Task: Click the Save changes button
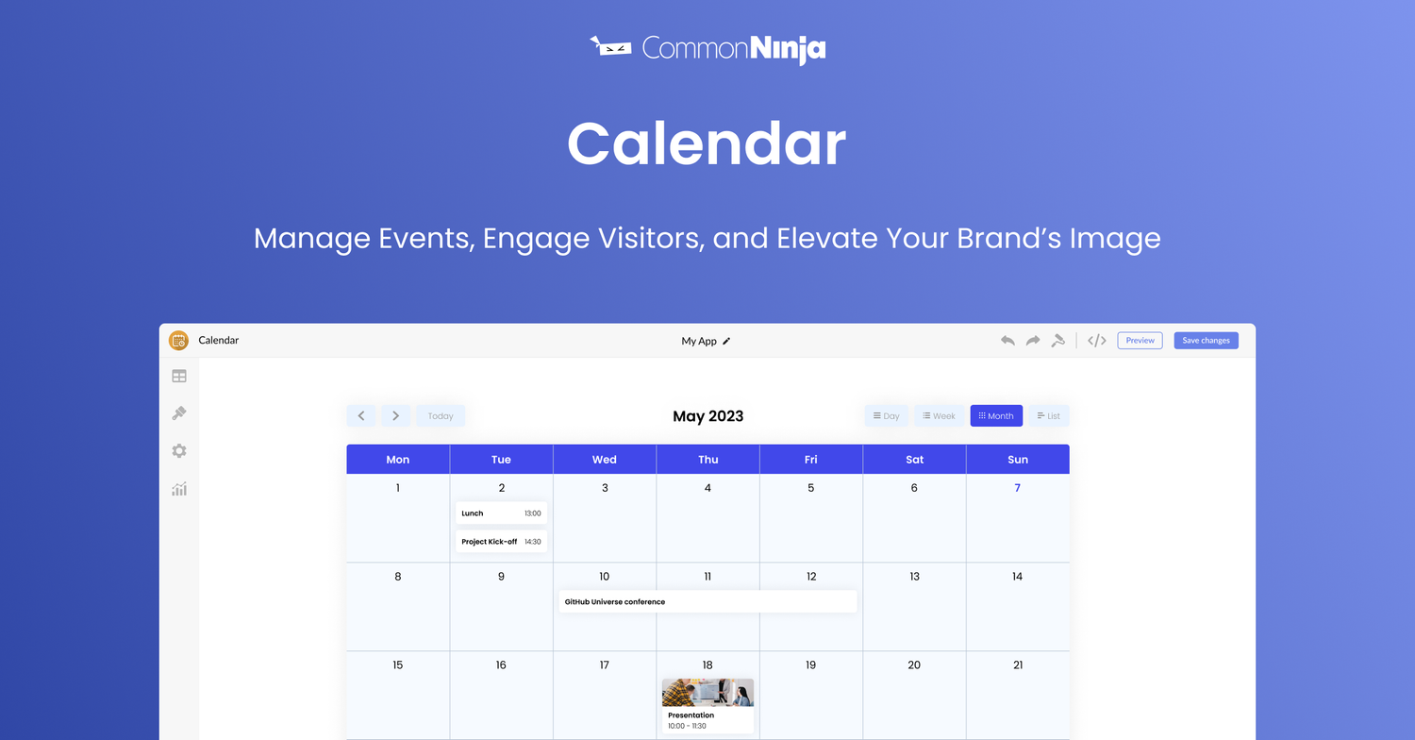(x=1206, y=341)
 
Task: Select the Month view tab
(x=996, y=416)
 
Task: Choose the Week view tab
(x=939, y=416)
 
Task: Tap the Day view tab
(x=886, y=416)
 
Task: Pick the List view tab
(x=1048, y=416)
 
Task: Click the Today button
(x=441, y=416)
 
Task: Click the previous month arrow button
(x=361, y=416)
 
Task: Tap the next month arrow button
(x=395, y=416)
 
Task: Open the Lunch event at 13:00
(x=501, y=513)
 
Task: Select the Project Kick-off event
(x=501, y=542)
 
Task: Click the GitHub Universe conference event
(x=707, y=601)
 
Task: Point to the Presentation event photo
(x=707, y=693)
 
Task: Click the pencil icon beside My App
(x=726, y=342)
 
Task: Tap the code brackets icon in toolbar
(x=1096, y=341)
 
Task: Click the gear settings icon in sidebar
(x=179, y=451)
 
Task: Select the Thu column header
(x=707, y=460)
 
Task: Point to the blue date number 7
(x=1017, y=488)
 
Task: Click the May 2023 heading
(x=707, y=416)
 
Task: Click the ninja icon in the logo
(x=610, y=46)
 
